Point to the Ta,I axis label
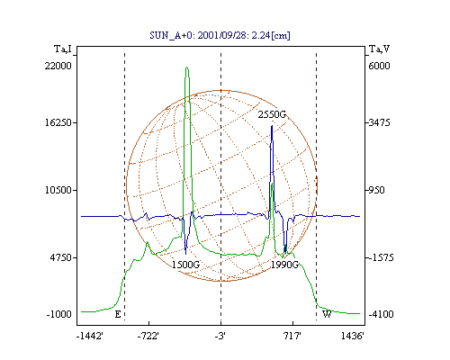pos(63,49)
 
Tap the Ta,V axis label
pos(379,49)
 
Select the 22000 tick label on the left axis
pos(58,66)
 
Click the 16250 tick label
pos(58,122)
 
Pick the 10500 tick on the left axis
pos(58,190)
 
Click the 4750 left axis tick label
pos(61,257)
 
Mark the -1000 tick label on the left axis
pos(59,314)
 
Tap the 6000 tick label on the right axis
pos(379,66)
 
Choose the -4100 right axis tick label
pos(381,314)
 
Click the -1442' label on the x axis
pos(90,336)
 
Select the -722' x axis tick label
pos(148,336)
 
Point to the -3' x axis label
pos(220,336)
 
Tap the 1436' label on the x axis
pos(353,336)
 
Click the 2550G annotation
pos(272,114)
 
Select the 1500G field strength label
pos(185,265)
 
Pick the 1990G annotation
pos(284,265)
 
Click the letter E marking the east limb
pos(118,314)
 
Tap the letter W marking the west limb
pos(327,314)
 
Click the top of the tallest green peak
pos(187,67)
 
